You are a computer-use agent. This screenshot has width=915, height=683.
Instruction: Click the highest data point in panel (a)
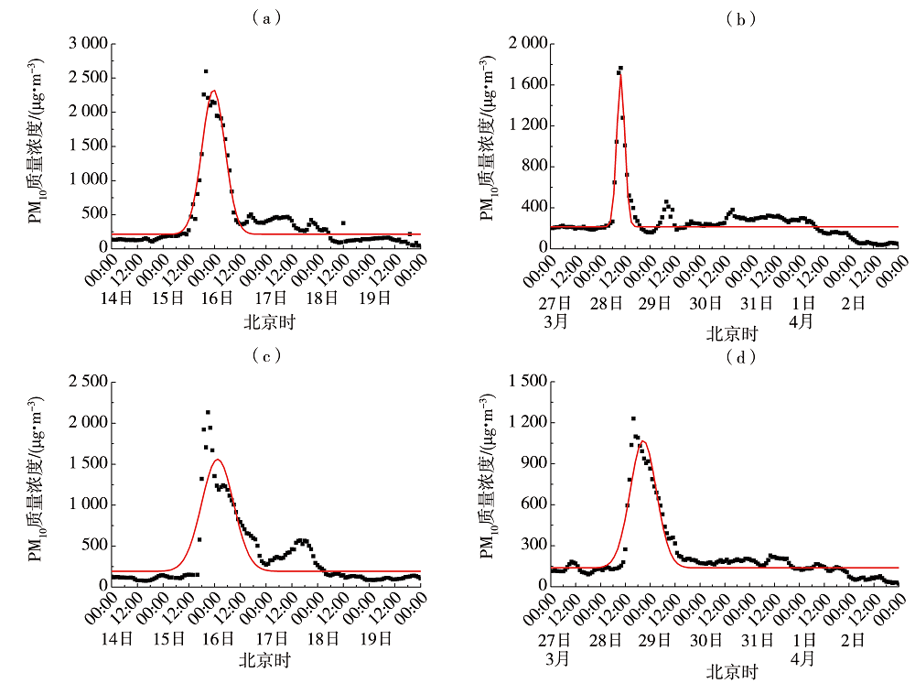pyautogui.click(x=206, y=71)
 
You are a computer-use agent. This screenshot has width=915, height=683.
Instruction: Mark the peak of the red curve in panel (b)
pyautogui.click(x=620, y=73)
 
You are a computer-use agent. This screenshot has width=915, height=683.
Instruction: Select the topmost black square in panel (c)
pyautogui.click(x=208, y=413)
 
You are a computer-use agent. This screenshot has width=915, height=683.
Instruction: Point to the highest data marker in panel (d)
pyautogui.click(x=633, y=418)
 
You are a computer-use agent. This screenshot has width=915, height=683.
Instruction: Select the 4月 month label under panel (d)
pyautogui.click(x=804, y=658)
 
